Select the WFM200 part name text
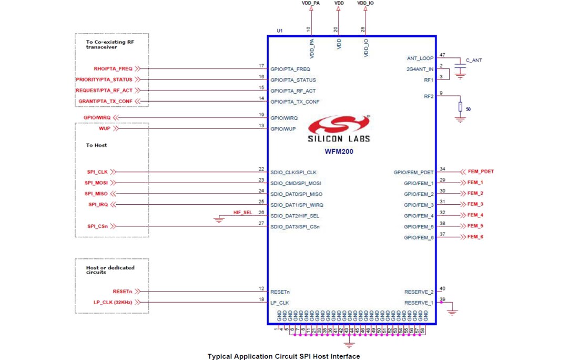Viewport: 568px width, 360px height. (x=339, y=151)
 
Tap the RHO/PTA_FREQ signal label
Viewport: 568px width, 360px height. (x=113, y=68)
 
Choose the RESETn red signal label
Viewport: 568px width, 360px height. (x=122, y=291)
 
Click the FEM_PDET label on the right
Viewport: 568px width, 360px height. (x=480, y=172)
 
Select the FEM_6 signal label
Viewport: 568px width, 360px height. (x=475, y=237)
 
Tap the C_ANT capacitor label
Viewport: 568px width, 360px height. (x=473, y=61)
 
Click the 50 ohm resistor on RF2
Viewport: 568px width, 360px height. (x=460, y=107)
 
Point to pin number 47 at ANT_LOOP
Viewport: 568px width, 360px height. (x=442, y=55)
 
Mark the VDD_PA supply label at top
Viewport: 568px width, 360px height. (x=310, y=3)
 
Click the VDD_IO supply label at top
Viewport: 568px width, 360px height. (x=366, y=3)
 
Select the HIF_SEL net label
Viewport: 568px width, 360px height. (x=242, y=212)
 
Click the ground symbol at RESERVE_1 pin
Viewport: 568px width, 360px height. (x=452, y=312)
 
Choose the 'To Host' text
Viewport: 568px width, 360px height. (x=96, y=145)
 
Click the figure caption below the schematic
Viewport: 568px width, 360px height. (x=283, y=356)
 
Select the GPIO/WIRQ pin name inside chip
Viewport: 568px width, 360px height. (x=284, y=118)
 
